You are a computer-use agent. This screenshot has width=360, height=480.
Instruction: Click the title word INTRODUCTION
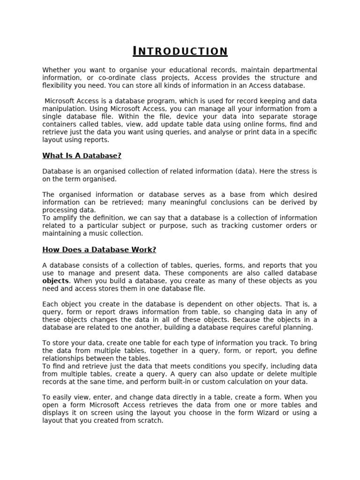(x=180, y=51)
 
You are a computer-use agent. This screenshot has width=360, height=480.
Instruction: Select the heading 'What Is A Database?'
(x=82, y=156)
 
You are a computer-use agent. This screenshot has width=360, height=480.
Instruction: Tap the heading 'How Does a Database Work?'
(x=99, y=250)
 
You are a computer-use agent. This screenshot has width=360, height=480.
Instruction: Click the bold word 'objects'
(x=55, y=281)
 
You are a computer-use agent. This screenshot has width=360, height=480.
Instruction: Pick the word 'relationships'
(x=65, y=359)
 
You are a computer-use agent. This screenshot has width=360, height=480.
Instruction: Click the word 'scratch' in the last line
(x=150, y=421)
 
